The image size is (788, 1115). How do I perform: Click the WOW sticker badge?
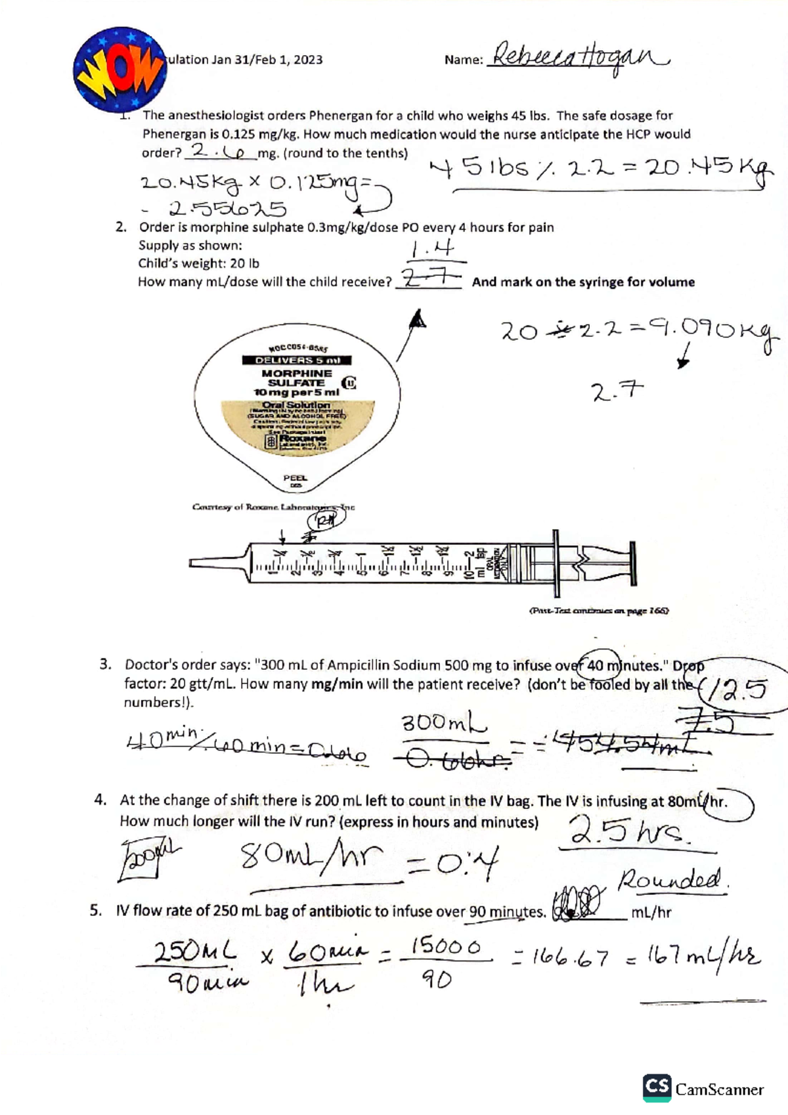(x=119, y=70)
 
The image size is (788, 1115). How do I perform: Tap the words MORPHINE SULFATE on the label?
(x=296, y=378)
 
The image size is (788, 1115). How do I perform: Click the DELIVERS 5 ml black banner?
(x=297, y=361)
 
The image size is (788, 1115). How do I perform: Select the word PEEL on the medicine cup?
(x=295, y=478)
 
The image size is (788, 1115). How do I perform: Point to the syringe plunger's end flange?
(x=632, y=563)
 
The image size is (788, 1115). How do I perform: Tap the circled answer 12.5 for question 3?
(x=741, y=689)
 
